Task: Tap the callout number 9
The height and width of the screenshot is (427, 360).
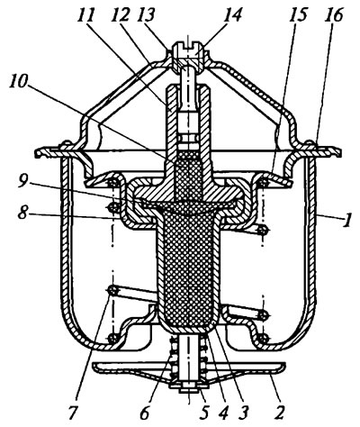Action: [x=23, y=183]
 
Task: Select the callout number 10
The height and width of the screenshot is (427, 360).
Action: [x=19, y=83]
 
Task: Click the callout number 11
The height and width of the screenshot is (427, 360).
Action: [x=85, y=15]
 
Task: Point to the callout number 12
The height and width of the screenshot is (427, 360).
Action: [x=119, y=15]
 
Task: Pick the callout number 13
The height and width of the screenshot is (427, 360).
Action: [x=146, y=15]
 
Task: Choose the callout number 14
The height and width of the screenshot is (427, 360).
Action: [x=232, y=15]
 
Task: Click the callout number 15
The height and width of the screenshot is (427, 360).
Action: [x=298, y=15]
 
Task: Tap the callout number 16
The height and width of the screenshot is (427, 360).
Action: [x=334, y=15]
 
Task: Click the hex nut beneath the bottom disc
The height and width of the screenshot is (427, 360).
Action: [x=188, y=390]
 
